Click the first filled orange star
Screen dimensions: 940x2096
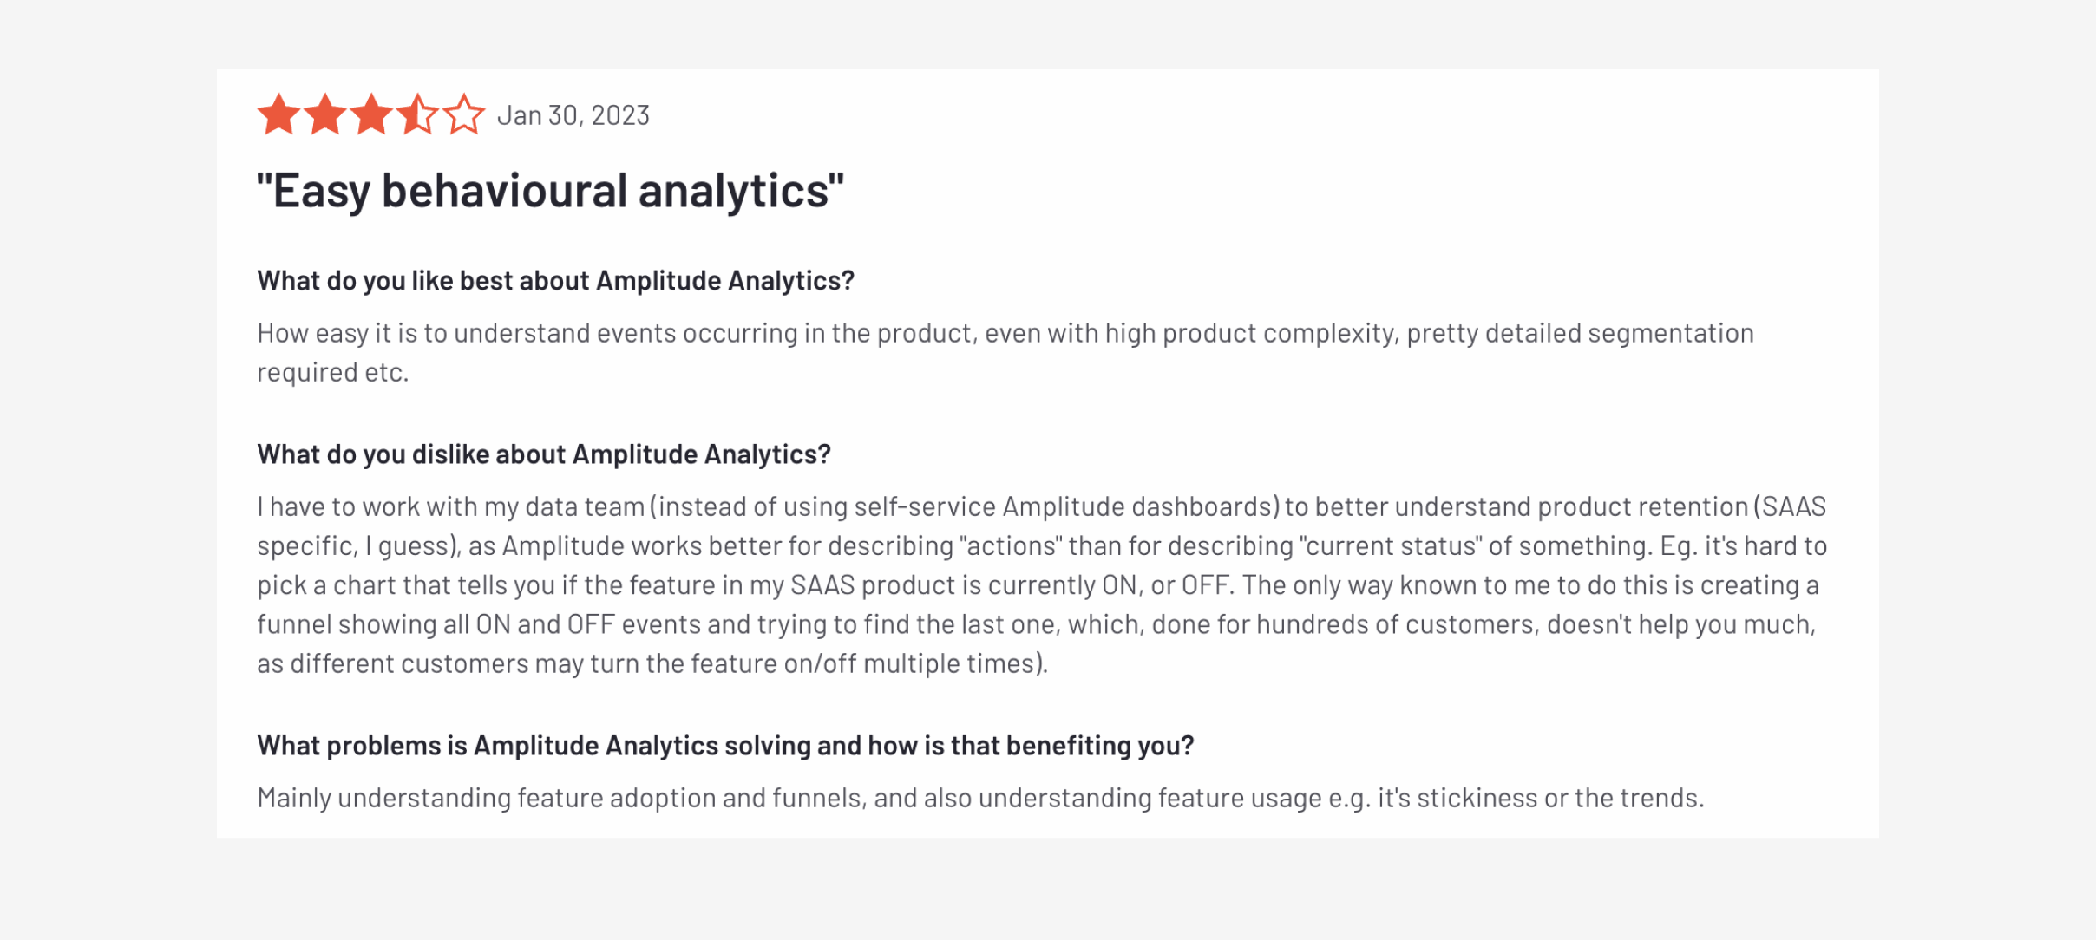(x=278, y=114)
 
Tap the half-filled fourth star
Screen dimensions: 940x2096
(x=417, y=114)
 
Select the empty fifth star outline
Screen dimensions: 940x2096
(x=464, y=114)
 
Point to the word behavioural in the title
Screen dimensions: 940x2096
(x=504, y=191)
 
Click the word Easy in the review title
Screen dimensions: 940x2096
(x=321, y=191)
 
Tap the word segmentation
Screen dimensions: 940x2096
(x=1671, y=333)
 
